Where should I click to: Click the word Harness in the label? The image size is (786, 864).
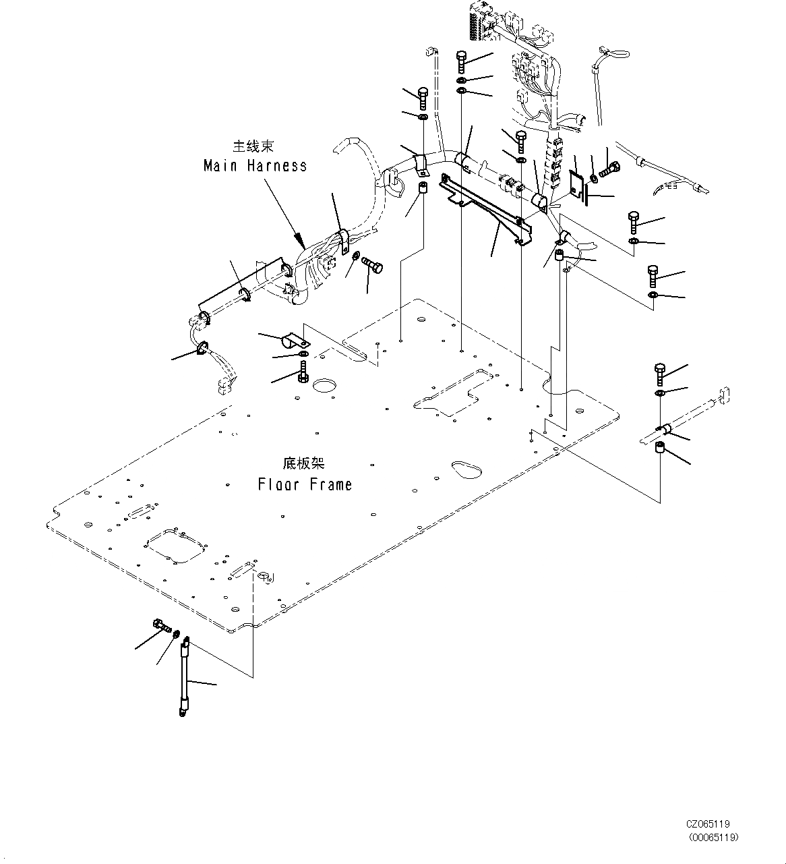[x=276, y=166]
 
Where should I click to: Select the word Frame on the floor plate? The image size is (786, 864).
[x=331, y=484]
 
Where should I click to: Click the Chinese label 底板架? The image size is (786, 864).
[x=303, y=464]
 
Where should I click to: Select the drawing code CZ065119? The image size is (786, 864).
[x=708, y=824]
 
